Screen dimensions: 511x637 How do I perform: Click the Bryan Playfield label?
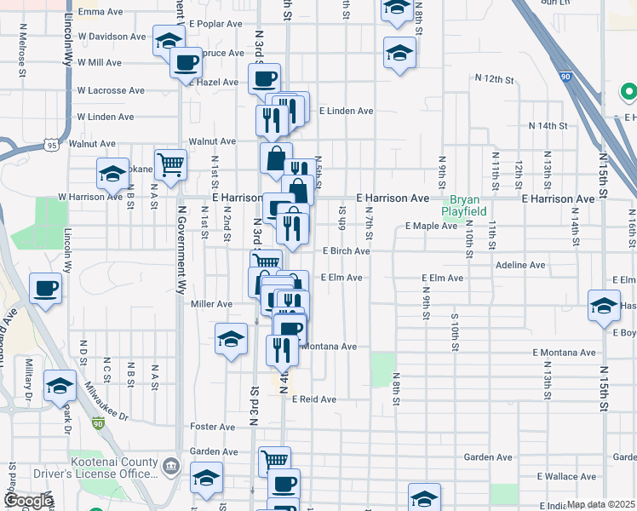[x=464, y=204]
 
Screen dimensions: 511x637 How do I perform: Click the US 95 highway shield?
[x=54, y=146]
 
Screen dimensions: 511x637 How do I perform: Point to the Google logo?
[x=27, y=501]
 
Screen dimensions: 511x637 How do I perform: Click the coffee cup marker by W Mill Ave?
[x=186, y=61]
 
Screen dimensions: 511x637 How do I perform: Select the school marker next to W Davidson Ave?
[x=169, y=39]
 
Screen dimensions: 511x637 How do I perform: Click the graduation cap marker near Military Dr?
[x=60, y=386]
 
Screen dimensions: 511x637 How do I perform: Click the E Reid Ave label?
[x=314, y=399]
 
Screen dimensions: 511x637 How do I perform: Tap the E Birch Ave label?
[x=347, y=251]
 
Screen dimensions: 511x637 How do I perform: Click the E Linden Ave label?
[x=347, y=111]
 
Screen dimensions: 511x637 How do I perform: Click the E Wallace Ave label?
[x=565, y=476]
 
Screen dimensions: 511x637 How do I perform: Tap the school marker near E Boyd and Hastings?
[x=603, y=305]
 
